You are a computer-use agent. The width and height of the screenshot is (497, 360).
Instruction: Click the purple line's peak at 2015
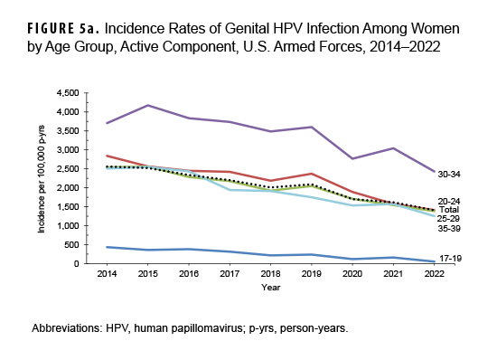149,106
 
